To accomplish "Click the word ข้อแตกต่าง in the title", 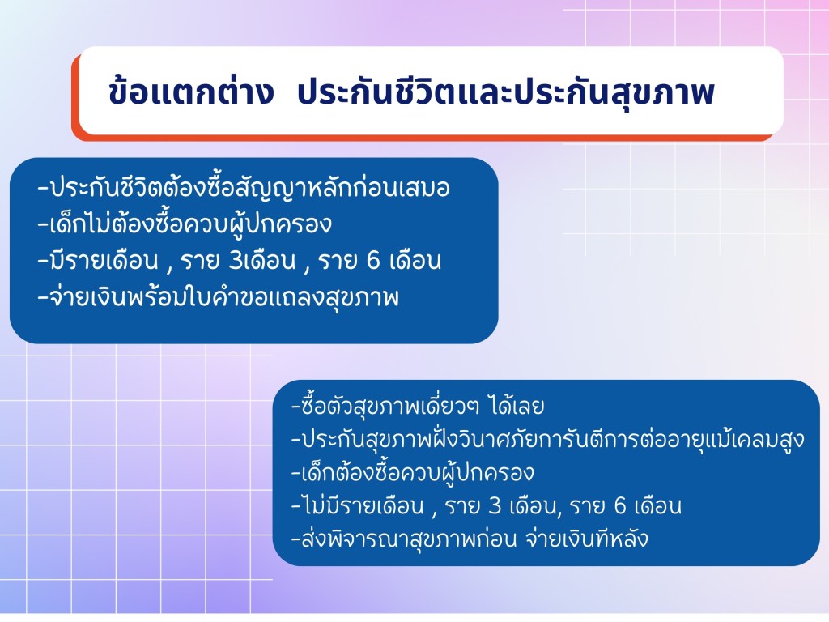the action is pos(191,92).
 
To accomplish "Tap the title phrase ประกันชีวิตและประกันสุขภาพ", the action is pos(506,92).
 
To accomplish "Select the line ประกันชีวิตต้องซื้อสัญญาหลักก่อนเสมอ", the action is pos(249,187).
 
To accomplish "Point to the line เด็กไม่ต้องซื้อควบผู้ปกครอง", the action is pos(190,224).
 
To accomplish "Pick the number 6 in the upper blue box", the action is pos(373,260).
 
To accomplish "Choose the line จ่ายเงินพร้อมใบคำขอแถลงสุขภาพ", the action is pos(223,297).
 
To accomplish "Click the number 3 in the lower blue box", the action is pos(495,506).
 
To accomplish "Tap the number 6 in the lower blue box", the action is pos(620,506).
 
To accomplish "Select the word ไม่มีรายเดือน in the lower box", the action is pos(363,505).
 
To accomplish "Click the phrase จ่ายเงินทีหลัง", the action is pos(587,539).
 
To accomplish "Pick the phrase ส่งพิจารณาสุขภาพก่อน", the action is pos(409,539).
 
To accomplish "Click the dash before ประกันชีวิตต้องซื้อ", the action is pos(43,188).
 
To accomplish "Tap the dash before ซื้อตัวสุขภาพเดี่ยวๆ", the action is pos(296,407).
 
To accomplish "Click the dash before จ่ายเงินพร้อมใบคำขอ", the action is pos(43,297).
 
